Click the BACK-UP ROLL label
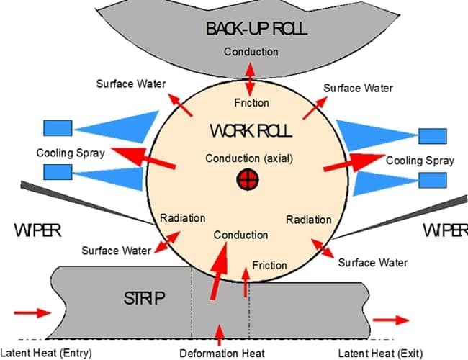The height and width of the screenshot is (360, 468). [256, 30]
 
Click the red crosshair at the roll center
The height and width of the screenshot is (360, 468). [247, 180]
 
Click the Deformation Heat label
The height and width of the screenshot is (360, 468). [222, 353]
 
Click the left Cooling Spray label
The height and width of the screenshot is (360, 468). [71, 153]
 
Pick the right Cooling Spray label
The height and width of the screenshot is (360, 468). [420, 160]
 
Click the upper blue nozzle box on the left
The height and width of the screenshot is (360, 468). [58, 128]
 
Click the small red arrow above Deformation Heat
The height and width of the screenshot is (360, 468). [220, 333]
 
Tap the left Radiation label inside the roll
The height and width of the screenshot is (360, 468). [182, 217]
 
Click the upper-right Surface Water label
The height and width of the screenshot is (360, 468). [358, 88]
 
